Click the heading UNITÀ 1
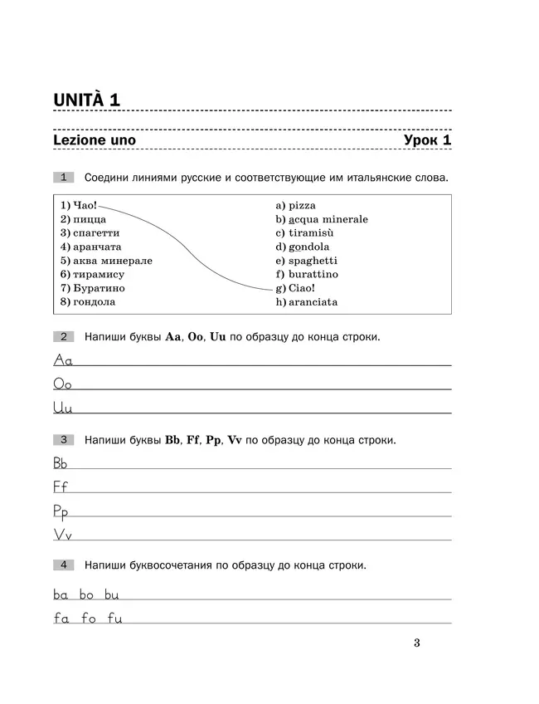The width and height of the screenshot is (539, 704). (87, 100)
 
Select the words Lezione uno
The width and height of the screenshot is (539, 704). (94, 140)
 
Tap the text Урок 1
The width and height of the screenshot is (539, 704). (427, 140)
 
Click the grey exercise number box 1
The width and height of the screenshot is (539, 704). (64, 177)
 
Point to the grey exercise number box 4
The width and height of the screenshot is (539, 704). (64, 565)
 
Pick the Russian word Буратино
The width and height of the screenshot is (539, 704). (98, 287)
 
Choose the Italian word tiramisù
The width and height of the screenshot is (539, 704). (309, 232)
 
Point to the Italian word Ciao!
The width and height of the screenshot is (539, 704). (301, 288)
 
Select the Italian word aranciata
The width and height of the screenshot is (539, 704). (313, 302)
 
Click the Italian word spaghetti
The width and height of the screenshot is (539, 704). (313, 260)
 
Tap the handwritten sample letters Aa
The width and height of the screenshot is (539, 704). (64, 359)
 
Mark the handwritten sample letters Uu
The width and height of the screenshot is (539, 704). (63, 408)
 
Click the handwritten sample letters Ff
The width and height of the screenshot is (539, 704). (61, 486)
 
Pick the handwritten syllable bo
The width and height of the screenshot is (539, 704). (88, 594)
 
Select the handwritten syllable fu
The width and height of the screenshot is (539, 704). (114, 618)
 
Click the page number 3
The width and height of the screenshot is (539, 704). (416, 643)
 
